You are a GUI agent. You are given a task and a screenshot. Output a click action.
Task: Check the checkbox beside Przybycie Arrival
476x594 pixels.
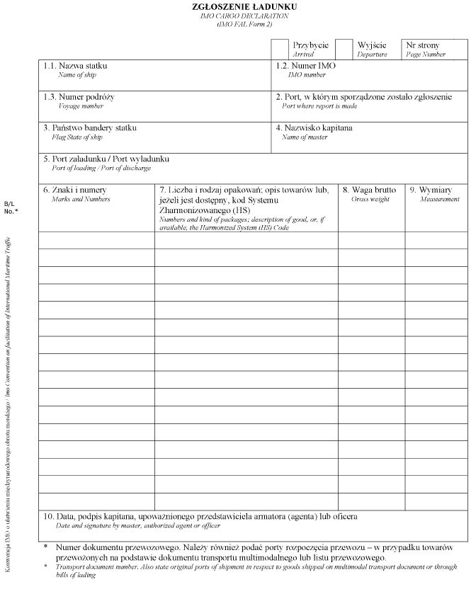coord(280,49)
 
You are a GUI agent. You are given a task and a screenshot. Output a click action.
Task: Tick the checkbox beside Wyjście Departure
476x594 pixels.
coord(344,49)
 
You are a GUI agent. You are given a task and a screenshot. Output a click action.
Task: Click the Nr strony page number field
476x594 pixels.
coord(434,49)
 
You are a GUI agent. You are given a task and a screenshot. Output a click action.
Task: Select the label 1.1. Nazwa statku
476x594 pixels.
coord(85,66)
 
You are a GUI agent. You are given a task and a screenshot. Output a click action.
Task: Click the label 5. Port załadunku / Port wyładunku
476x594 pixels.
coord(106,159)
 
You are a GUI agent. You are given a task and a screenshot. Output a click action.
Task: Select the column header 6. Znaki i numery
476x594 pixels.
coord(74,190)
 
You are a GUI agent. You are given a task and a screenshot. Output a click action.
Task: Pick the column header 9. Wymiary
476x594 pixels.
coord(435,190)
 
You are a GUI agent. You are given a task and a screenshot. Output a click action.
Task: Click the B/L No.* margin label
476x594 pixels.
coord(11,207)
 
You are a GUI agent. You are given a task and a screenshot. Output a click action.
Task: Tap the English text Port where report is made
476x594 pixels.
coord(319,106)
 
